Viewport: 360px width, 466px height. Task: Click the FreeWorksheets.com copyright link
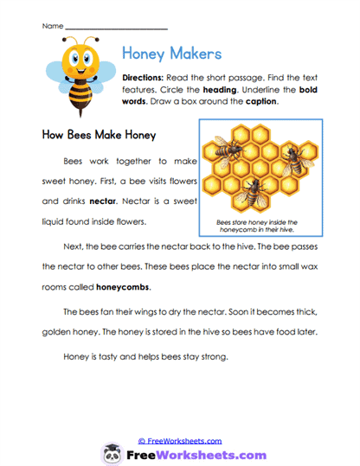180,439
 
